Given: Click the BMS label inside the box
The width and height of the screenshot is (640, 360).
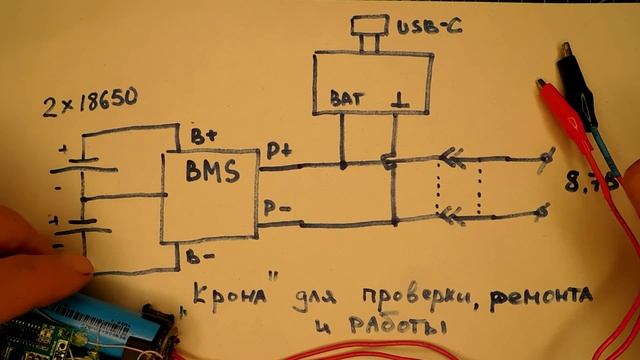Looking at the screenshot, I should (x=212, y=172).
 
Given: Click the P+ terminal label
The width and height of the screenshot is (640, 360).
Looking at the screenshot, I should (x=278, y=151).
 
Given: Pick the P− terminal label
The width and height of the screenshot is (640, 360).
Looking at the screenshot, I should (x=278, y=207).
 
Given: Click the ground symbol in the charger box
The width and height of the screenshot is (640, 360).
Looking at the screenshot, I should (x=400, y=99).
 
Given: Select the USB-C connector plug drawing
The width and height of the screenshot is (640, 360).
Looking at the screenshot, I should (x=368, y=30).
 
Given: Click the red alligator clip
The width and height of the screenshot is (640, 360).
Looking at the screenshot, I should (x=566, y=115).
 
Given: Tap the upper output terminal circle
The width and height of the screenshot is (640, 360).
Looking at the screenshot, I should (x=547, y=157).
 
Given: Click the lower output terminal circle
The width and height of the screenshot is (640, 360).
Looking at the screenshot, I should (x=543, y=211).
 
